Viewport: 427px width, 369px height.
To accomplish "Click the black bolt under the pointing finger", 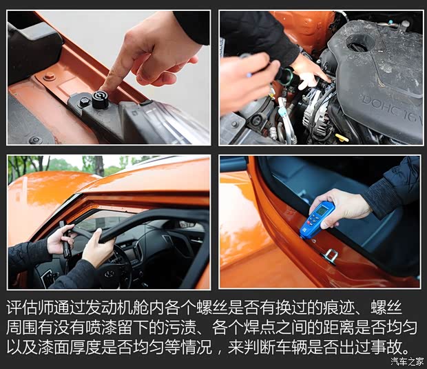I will click(x=100, y=101).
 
